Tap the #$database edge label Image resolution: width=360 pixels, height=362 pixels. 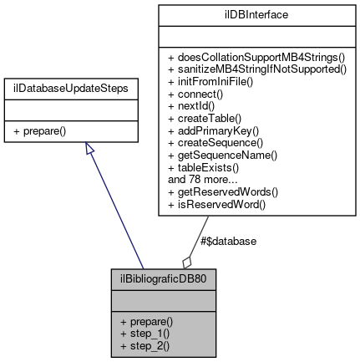pyautogui.click(x=229, y=241)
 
